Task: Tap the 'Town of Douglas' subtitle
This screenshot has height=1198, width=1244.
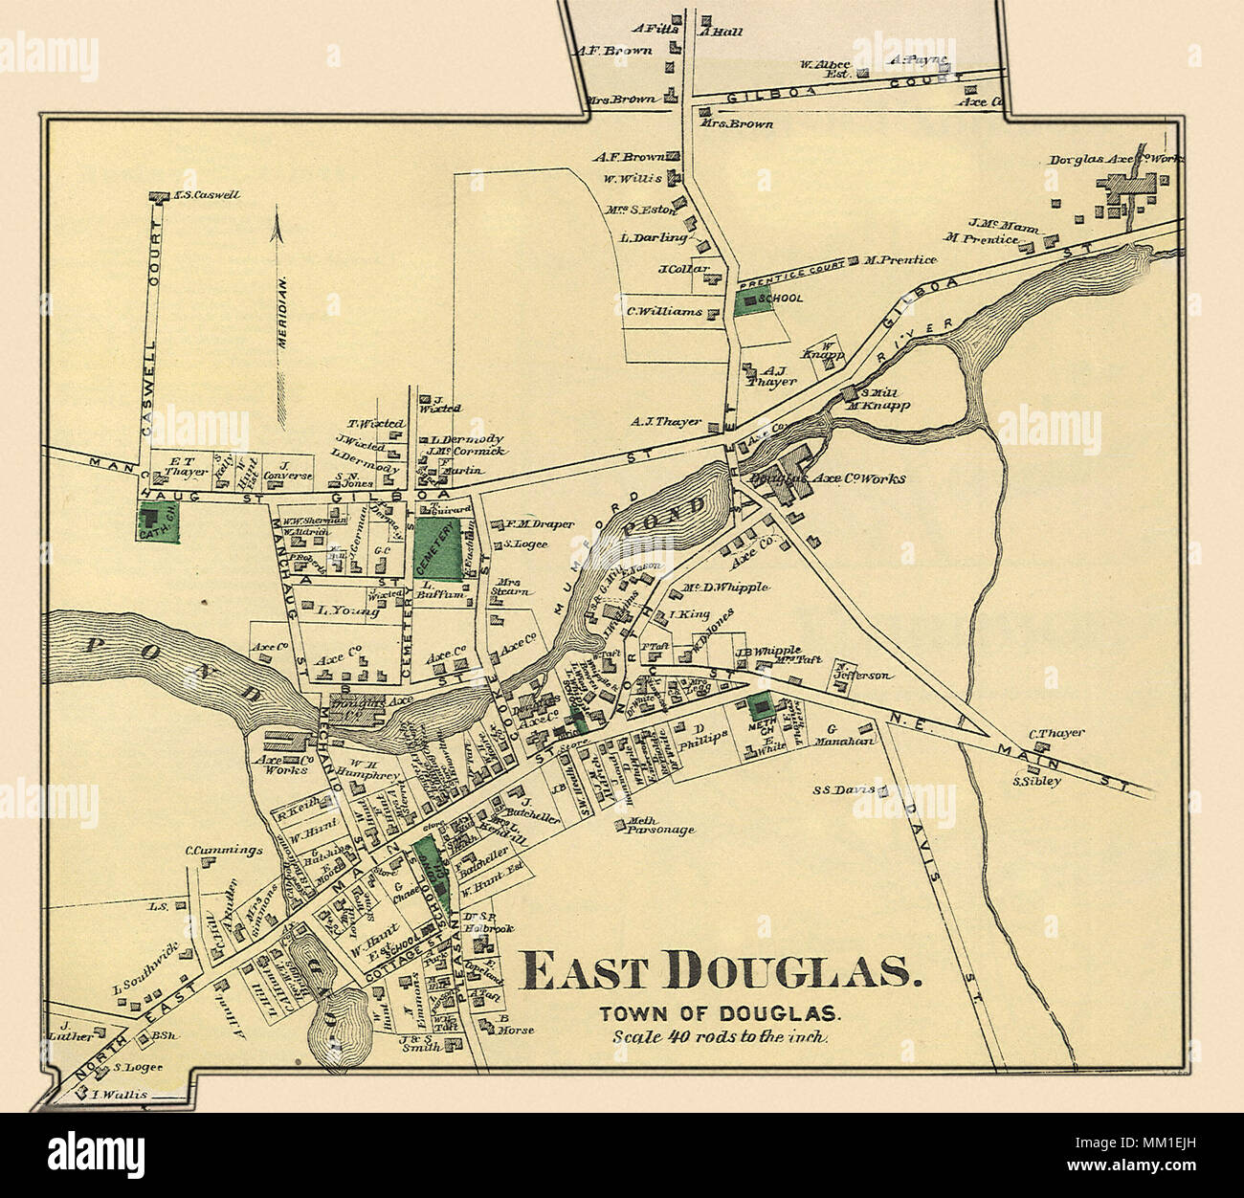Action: [x=719, y=1013]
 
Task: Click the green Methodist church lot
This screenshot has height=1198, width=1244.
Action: [x=762, y=709]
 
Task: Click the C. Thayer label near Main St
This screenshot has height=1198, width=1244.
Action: [x=1056, y=733]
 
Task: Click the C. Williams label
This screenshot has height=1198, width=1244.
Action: [x=664, y=311]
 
